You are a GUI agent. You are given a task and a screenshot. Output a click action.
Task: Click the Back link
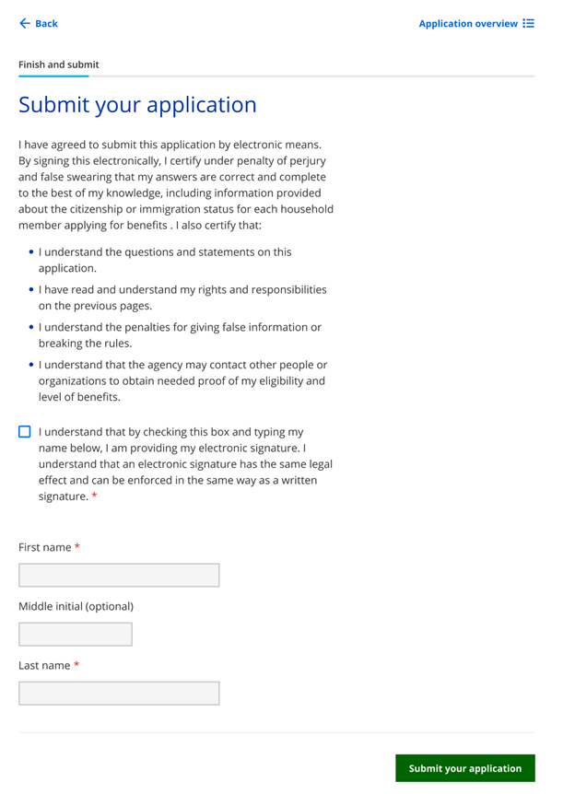45,24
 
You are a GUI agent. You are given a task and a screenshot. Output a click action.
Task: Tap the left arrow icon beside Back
25,24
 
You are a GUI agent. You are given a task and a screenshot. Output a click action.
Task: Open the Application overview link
468,24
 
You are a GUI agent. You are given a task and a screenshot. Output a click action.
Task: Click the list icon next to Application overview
528,24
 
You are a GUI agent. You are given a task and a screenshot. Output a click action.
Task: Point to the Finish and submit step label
59,64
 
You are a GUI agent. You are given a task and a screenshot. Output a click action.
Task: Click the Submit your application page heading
137,105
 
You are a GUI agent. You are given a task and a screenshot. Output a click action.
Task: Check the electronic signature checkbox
25,432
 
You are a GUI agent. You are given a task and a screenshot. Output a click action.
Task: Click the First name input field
119,575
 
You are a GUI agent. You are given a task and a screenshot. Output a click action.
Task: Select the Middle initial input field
76,634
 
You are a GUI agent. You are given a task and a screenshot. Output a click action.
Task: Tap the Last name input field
119,693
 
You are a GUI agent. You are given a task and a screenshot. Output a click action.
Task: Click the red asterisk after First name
77,547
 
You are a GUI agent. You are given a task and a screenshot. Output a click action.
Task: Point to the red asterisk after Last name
77,665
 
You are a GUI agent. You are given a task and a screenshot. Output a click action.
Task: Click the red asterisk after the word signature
94,497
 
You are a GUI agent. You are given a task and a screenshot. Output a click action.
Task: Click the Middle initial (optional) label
76,606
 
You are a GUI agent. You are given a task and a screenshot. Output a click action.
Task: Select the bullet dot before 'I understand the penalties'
31,327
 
